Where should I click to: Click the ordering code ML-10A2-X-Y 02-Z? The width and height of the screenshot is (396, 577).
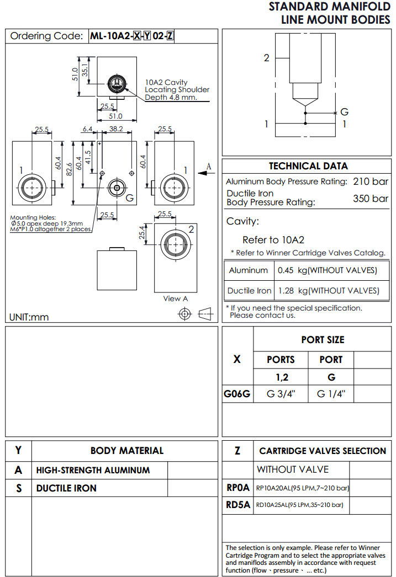(132, 36)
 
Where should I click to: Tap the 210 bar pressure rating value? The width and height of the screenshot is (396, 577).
(371, 181)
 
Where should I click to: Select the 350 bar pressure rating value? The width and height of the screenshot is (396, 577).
(371, 199)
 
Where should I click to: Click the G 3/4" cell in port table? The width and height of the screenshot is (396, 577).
(281, 394)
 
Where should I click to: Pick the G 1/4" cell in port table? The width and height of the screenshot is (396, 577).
(331, 394)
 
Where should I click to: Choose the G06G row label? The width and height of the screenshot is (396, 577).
(237, 394)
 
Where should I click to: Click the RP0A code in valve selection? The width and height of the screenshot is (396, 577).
(238, 488)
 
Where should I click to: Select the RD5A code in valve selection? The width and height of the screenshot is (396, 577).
(238, 504)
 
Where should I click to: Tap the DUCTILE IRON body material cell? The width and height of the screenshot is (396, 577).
(66, 488)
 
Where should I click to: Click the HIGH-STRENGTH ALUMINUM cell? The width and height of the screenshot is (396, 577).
(93, 471)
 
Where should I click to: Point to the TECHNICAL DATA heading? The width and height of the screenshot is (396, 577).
(308, 166)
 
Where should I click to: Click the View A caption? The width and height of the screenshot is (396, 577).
(176, 298)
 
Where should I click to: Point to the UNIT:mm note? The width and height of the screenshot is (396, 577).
(29, 317)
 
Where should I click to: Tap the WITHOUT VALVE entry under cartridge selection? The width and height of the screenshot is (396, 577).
(293, 469)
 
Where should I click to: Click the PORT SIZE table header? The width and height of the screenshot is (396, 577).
(323, 340)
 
